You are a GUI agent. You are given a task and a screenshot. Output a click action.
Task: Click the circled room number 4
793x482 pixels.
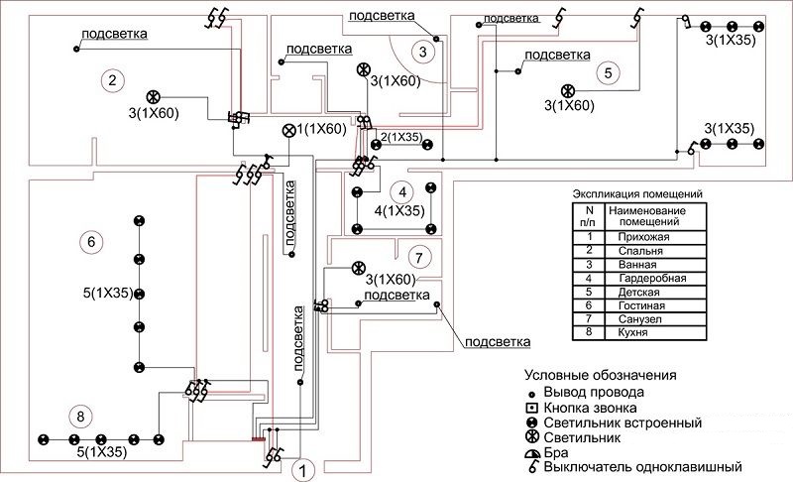tap(400, 192)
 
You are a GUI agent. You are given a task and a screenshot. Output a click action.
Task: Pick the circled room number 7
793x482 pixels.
tap(420, 259)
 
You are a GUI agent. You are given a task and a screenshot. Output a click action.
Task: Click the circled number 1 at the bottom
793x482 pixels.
tap(305, 468)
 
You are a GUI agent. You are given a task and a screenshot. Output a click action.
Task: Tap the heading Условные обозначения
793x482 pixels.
tap(601, 376)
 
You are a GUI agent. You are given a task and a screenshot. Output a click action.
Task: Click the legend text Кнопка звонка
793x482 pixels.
tap(594, 408)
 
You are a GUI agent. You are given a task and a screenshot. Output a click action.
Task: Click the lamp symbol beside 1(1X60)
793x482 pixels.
tap(289, 130)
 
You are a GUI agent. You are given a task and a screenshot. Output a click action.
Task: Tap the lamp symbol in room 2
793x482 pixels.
tap(154, 96)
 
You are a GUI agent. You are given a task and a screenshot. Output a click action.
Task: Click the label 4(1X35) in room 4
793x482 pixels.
tap(400, 210)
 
